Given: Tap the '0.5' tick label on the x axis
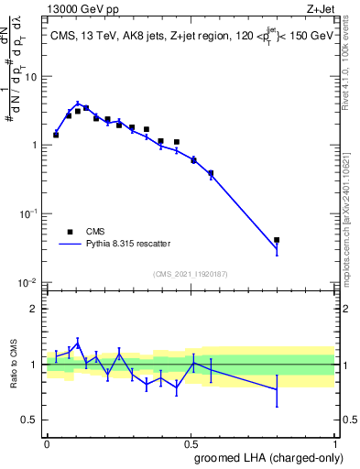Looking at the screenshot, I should coord(191,442).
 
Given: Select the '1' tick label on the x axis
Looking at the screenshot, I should coord(336,442).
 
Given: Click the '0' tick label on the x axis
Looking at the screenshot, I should coord(47,442).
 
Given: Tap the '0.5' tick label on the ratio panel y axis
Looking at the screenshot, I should coord(30,420).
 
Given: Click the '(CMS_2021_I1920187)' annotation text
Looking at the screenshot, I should coord(191,273).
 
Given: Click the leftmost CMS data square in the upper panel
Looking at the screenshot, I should coord(56,135).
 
